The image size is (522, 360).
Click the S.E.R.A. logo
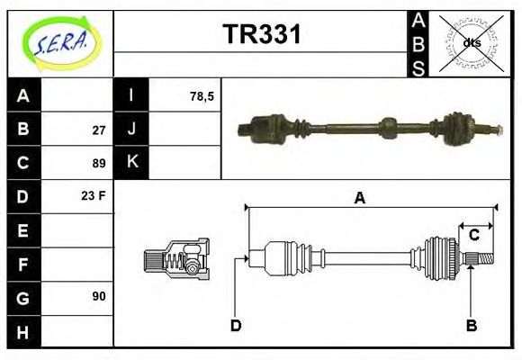coord(60,43)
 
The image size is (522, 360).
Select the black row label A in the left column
coord(23,95)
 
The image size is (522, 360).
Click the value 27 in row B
coord(99,130)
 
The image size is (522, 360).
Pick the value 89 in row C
coord(99,163)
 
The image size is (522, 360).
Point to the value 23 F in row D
coord(94,195)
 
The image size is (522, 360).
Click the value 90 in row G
coord(99,295)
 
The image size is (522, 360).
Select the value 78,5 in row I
coord(202,95)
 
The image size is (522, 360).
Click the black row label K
coord(131,162)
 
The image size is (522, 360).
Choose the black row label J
coord(131,129)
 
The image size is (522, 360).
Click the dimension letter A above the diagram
coord(359,198)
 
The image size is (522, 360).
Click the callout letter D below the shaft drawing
coord(236,325)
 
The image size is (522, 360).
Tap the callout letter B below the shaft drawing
coord(471,325)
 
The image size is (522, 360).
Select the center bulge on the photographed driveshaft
coord(388,128)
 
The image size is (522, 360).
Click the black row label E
coord(23,229)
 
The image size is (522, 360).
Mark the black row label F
coord(23,263)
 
